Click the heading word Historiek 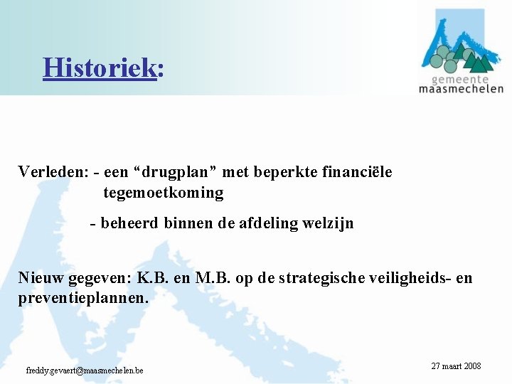(100, 68)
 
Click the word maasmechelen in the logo (461, 89)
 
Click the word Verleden (52, 172)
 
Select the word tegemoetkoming (163, 193)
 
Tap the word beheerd (130, 223)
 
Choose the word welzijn (327, 223)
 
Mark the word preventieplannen (83, 298)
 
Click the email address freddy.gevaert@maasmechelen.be (85, 370)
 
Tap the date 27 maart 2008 (456, 366)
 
